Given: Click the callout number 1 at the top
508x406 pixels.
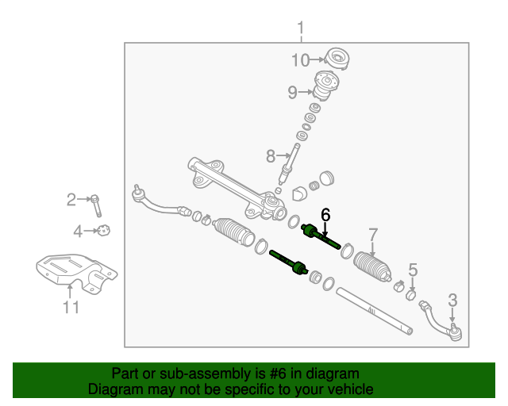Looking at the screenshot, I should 301,30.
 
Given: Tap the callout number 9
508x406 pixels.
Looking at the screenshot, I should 293,93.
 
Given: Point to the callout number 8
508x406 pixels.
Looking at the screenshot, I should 271,155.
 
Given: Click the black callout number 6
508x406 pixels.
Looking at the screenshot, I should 325,214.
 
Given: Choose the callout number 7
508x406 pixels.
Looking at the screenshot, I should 373,234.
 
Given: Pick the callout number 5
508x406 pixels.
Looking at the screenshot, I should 412,270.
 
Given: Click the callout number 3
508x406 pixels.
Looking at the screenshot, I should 452,300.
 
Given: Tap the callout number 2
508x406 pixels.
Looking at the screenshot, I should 71,200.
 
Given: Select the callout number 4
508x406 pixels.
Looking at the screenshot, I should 78,232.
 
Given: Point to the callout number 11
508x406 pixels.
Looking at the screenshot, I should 71,308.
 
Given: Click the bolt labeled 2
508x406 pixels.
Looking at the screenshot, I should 96,205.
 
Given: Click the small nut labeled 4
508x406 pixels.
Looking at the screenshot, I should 103,231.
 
